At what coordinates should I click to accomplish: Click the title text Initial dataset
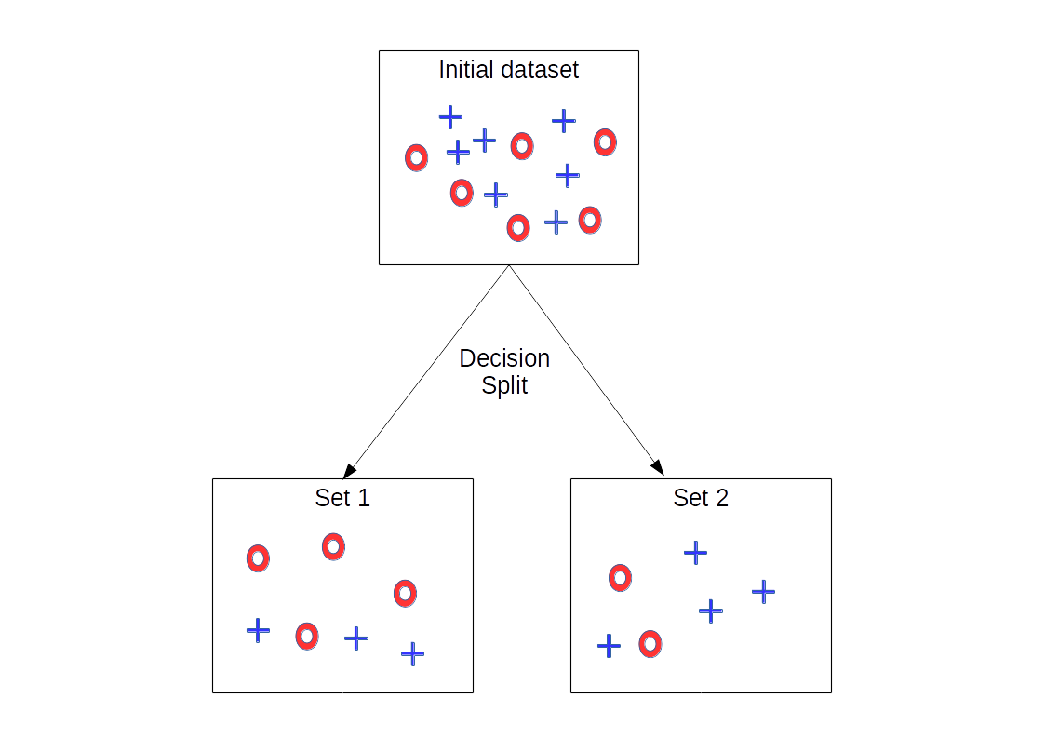[508, 70]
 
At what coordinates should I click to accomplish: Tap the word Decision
[504, 358]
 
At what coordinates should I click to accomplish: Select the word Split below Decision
[504, 385]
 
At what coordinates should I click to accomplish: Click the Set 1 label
[342, 498]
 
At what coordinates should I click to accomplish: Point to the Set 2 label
[701, 498]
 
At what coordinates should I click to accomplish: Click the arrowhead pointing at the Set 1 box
[349, 469]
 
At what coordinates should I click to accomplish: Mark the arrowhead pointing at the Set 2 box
[657, 467]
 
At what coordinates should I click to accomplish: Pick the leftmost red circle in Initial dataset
[416, 158]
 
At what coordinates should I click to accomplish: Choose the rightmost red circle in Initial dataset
[605, 142]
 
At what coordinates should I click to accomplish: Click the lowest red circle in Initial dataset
[518, 227]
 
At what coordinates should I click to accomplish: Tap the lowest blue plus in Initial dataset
[556, 222]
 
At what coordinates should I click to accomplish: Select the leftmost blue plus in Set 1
[258, 630]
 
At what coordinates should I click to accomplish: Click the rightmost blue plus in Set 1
[412, 653]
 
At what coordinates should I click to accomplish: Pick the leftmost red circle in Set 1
[258, 558]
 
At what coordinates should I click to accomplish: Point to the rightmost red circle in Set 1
[404, 593]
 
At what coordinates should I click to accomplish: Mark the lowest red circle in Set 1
[307, 636]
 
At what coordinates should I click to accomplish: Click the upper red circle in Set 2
[620, 578]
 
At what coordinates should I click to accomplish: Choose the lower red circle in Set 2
[650, 643]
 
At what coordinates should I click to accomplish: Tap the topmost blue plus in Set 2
[695, 553]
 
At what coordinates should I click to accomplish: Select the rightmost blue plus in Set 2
[763, 591]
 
